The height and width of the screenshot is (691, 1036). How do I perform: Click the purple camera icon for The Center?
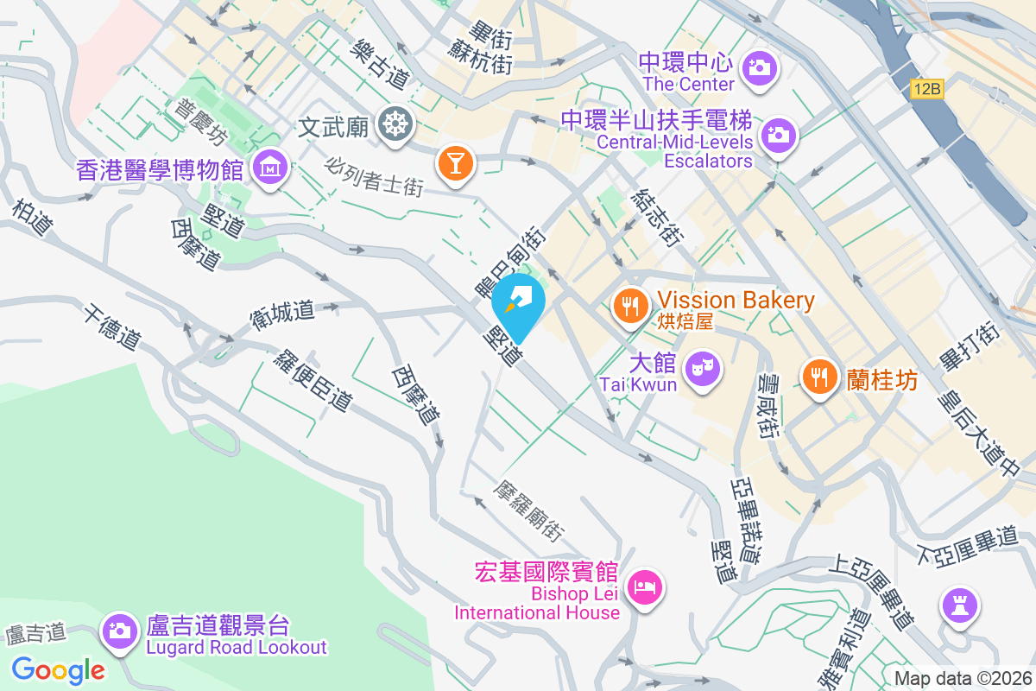760,66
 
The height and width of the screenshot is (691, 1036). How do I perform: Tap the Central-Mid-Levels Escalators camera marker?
778,134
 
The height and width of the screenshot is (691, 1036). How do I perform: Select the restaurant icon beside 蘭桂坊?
818,377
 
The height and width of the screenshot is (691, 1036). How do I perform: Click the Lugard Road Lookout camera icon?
119,629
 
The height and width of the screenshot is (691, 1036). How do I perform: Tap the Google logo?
58,669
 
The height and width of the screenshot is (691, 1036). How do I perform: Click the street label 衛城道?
282,311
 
